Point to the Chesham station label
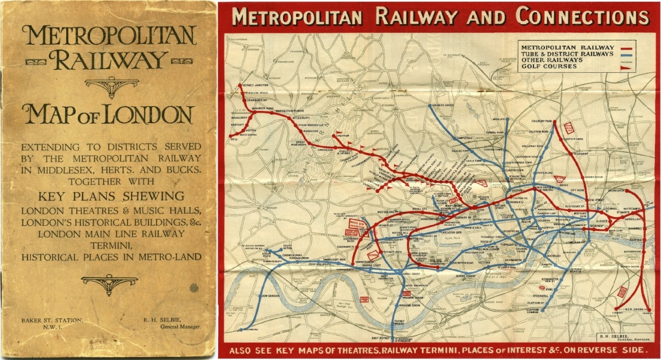tap(344, 136)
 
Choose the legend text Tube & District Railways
tap(567, 53)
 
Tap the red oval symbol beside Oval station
tap(543, 288)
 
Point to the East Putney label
tap(380, 338)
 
